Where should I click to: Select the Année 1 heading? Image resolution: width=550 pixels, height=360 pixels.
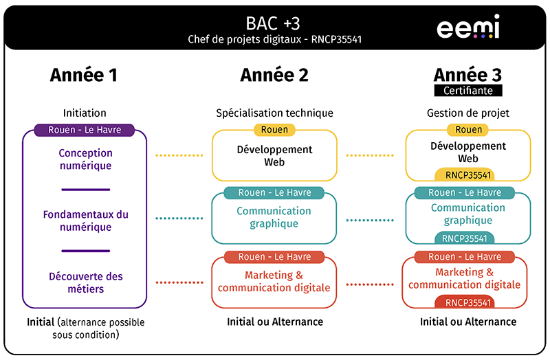[84, 75]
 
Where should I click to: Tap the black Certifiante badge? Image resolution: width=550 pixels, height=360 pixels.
[467, 91]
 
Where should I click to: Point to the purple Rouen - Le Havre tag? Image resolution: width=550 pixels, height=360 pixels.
[85, 130]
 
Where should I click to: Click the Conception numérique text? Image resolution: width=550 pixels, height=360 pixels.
[85, 159]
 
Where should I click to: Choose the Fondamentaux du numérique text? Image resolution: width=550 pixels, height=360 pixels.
[85, 221]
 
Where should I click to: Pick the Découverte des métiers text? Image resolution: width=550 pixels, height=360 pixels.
[86, 282]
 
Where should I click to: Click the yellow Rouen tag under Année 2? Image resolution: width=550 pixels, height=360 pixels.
[274, 130]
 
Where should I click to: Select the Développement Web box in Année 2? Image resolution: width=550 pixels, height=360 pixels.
[274, 156]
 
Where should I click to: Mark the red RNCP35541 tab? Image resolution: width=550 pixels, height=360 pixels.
[467, 302]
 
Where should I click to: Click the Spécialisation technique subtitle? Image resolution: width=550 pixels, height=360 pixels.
[274, 113]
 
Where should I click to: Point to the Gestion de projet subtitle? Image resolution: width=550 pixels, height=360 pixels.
[467, 113]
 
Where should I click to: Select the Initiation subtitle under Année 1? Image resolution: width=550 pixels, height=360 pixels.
[85, 113]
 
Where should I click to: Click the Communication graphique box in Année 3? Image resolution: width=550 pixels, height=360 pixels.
[467, 214]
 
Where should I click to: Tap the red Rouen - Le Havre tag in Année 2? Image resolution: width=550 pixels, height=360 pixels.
[274, 257]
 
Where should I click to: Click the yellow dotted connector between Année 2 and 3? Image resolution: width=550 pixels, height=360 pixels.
[371, 156]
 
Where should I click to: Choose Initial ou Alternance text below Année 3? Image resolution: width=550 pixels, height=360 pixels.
[467, 322]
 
